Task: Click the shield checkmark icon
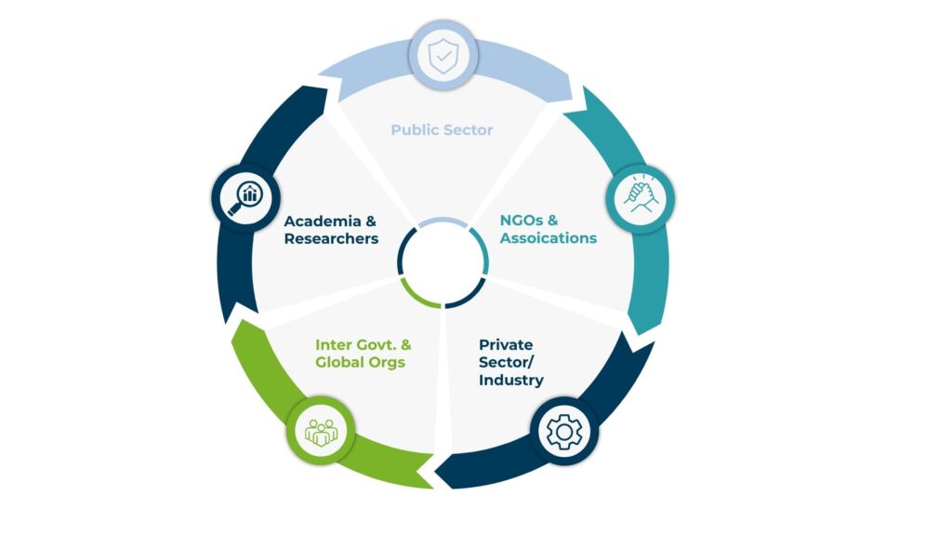coord(443,56)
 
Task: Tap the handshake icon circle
coord(640,198)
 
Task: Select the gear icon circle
coord(563,432)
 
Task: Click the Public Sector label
coord(442,129)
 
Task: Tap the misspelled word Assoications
coord(548,238)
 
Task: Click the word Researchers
coord(331,238)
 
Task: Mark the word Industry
coord(510,381)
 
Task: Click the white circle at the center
coord(443,262)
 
